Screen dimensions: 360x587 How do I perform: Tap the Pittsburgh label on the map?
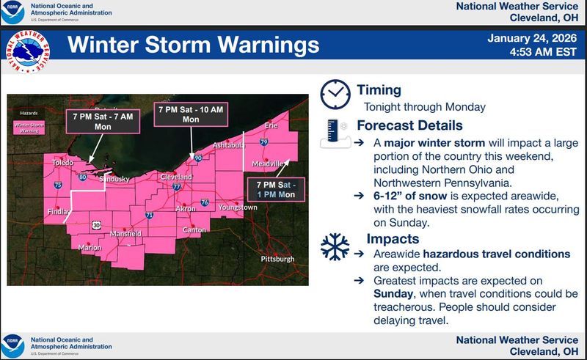point(277,259)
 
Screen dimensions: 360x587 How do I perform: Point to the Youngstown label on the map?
point(238,207)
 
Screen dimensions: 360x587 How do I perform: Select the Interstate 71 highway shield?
point(149,215)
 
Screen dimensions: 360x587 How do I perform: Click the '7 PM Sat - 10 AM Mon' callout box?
point(191,114)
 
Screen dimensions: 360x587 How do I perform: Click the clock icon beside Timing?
point(335,94)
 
